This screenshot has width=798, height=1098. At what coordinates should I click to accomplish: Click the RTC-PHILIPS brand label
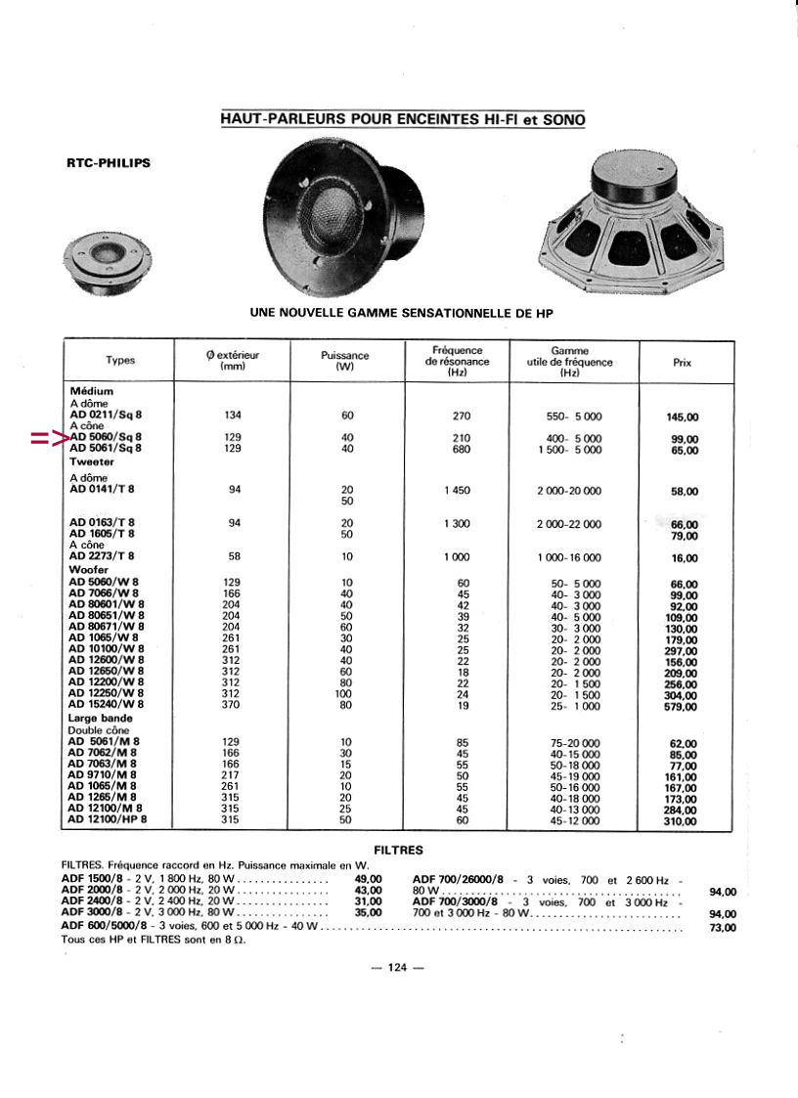[x=108, y=163]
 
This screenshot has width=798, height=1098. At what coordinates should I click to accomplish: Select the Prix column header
[x=683, y=362]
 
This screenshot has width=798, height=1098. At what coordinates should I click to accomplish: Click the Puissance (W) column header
[x=344, y=361]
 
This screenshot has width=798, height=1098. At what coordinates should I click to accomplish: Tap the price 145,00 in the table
[x=683, y=417]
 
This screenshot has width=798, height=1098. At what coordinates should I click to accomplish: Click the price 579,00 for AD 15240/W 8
[x=683, y=706]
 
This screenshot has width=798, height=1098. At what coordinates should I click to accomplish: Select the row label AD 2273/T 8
[x=102, y=557]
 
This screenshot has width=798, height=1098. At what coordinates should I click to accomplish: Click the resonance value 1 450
[x=456, y=491]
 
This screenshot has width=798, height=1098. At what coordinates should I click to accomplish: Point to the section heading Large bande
[x=100, y=719]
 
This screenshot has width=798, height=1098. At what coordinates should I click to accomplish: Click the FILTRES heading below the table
[x=398, y=850]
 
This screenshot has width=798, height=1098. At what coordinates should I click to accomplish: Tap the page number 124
[x=397, y=968]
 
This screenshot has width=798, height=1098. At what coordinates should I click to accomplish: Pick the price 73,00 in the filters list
[x=722, y=927]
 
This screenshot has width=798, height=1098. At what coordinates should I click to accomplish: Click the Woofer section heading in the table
[x=88, y=569]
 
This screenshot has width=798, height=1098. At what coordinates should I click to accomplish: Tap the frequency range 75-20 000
[x=575, y=743]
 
